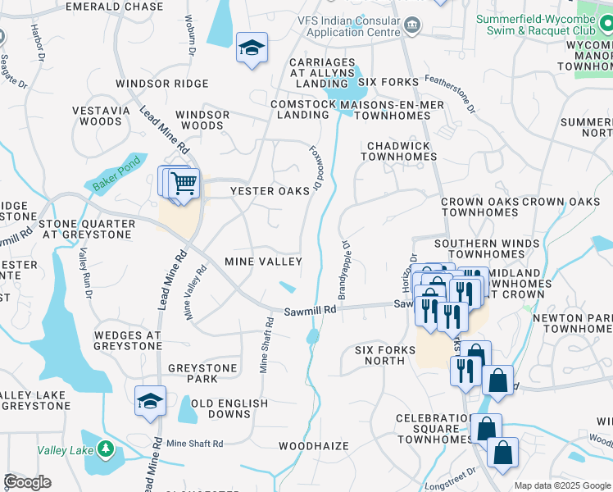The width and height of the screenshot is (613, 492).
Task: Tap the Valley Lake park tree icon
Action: (105, 449)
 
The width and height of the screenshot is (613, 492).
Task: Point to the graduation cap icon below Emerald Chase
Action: (252, 47)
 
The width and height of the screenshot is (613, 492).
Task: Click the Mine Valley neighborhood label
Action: (263, 262)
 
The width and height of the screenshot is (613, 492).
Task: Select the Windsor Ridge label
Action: (162, 84)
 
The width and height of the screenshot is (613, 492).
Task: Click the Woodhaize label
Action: (313, 446)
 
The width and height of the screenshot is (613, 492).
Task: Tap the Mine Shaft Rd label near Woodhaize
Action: (194, 444)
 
